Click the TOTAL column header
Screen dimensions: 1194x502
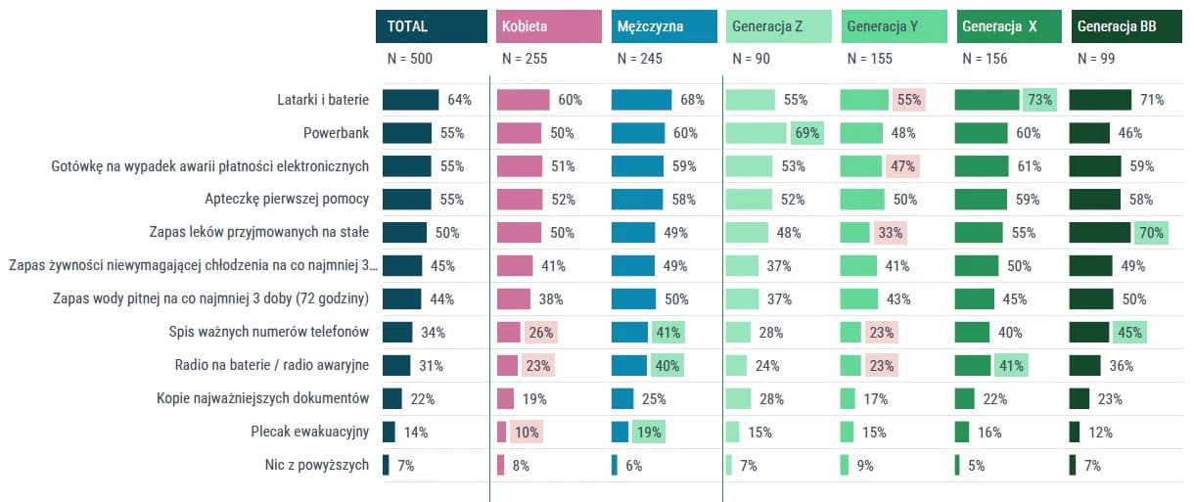[432, 26]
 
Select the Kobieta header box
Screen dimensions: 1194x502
[548, 26]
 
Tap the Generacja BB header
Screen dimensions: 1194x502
[1126, 26]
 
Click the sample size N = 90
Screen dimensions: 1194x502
[751, 59]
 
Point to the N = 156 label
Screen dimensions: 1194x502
[985, 59]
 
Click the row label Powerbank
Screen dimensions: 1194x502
[336, 133]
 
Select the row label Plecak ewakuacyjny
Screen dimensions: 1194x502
[309, 432]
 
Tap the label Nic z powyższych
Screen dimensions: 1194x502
[317, 465]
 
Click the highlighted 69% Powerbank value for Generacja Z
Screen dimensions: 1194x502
[807, 133]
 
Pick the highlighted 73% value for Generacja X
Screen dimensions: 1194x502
[1040, 100]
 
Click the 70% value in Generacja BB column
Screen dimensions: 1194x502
[1151, 233]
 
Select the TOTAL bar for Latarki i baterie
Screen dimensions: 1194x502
[410, 100]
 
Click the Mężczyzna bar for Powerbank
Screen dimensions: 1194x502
[638, 133]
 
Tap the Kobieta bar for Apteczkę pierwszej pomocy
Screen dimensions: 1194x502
[520, 200]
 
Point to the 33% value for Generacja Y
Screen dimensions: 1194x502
[891, 233]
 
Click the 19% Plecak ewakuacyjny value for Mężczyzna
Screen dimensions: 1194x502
[649, 433]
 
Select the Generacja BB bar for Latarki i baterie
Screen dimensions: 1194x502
[1100, 100]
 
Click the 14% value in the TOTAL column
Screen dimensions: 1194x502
[416, 433]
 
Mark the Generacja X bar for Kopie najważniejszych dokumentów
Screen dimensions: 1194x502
[964, 398]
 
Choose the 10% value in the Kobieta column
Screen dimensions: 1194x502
[527, 433]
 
